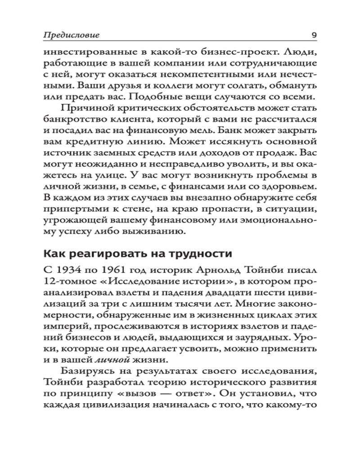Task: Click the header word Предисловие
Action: click(72, 35)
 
